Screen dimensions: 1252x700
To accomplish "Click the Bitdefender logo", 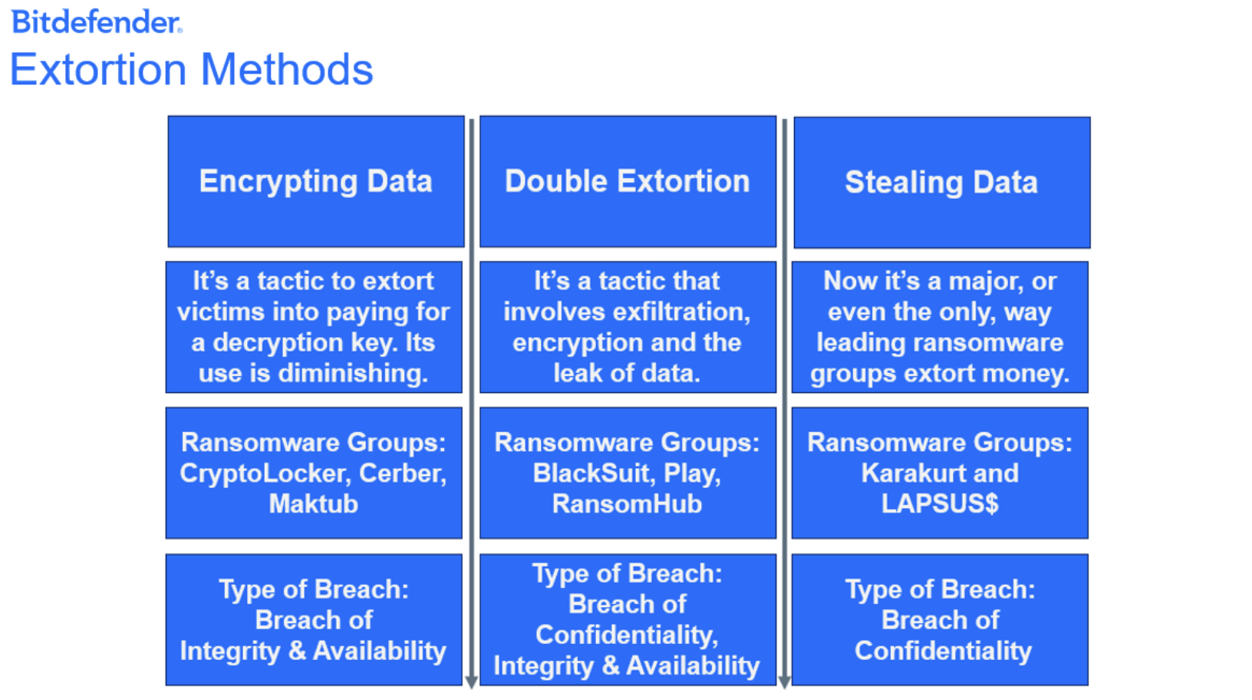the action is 97,22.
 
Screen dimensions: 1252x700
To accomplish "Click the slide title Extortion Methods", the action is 192,69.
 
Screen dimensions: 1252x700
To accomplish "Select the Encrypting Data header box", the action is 316,181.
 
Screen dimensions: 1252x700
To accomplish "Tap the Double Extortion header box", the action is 628,181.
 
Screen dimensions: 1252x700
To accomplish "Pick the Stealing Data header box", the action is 942,182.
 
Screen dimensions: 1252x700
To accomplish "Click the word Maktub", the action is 314,504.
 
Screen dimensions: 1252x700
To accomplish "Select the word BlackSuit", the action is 594,474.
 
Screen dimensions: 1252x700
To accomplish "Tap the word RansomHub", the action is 627,504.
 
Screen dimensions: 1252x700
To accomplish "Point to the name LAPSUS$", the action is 940,504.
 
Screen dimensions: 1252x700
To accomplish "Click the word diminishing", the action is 353,373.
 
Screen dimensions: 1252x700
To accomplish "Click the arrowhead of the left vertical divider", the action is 471,682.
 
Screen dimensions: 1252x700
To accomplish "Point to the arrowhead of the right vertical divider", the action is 784,682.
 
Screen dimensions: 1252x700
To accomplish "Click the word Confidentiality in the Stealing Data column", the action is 943,652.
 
